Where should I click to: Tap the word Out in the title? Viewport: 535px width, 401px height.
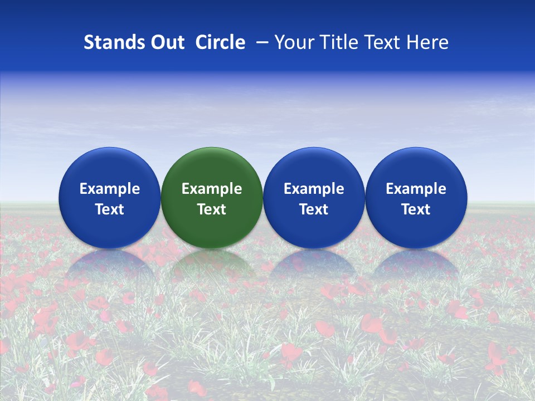click(x=166, y=42)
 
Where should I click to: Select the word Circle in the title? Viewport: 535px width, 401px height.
click(x=220, y=42)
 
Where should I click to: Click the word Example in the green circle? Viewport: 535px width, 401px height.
click(x=212, y=189)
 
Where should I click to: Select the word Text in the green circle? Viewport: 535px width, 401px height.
click(x=212, y=209)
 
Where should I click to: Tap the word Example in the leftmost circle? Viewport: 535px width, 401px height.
click(x=110, y=189)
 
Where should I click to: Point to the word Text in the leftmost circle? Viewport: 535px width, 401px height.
click(x=110, y=209)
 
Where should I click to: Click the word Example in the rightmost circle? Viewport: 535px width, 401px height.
click(x=416, y=189)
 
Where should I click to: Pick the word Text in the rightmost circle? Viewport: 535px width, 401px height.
click(x=416, y=209)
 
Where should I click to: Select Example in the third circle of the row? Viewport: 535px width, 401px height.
click(x=314, y=189)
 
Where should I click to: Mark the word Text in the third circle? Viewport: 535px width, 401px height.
click(x=314, y=209)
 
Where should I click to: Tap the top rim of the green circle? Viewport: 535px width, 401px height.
click(x=212, y=149)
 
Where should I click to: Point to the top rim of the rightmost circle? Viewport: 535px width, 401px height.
click(x=416, y=149)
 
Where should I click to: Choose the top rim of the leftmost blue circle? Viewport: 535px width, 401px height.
click(x=110, y=149)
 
